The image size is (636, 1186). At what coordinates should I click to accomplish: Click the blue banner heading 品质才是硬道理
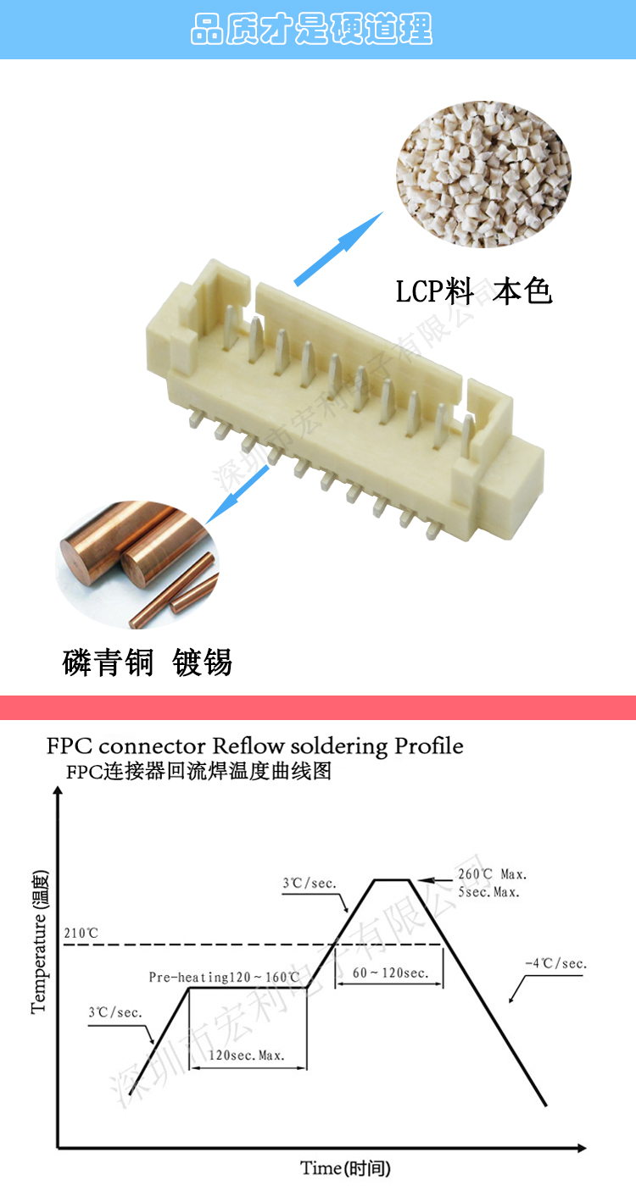pyautogui.click(x=311, y=29)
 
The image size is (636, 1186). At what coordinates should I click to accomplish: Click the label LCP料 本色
pyautogui.click(x=474, y=292)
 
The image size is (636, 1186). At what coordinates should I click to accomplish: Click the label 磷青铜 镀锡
pyautogui.click(x=148, y=662)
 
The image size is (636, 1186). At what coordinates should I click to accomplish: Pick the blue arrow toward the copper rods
pyautogui.click(x=238, y=493)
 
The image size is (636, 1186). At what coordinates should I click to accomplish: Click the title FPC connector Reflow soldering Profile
pyautogui.click(x=255, y=746)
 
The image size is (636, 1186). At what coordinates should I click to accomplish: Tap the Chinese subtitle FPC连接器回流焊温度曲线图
pyautogui.click(x=198, y=772)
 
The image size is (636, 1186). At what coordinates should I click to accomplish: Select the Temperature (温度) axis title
pyautogui.click(x=39, y=940)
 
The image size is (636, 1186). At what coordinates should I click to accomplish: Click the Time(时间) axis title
pyautogui.click(x=345, y=1168)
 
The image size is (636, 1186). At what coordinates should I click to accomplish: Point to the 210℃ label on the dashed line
pyautogui.click(x=81, y=934)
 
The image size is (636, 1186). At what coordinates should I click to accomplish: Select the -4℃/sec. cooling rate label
pyautogui.click(x=556, y=963)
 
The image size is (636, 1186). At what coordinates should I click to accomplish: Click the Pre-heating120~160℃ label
pyautogui.click(x=224, y=978)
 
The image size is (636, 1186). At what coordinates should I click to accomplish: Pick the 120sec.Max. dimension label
pyautogui.click(x=247, y=1056)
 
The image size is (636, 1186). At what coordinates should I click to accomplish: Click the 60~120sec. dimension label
pyautogui.click(x=390, y=973)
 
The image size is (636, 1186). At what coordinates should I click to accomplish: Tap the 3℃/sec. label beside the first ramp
pyautogui.click(x=115, y=1012)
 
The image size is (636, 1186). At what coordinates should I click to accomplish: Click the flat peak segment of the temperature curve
pyautogui.click(x=393, y=880)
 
